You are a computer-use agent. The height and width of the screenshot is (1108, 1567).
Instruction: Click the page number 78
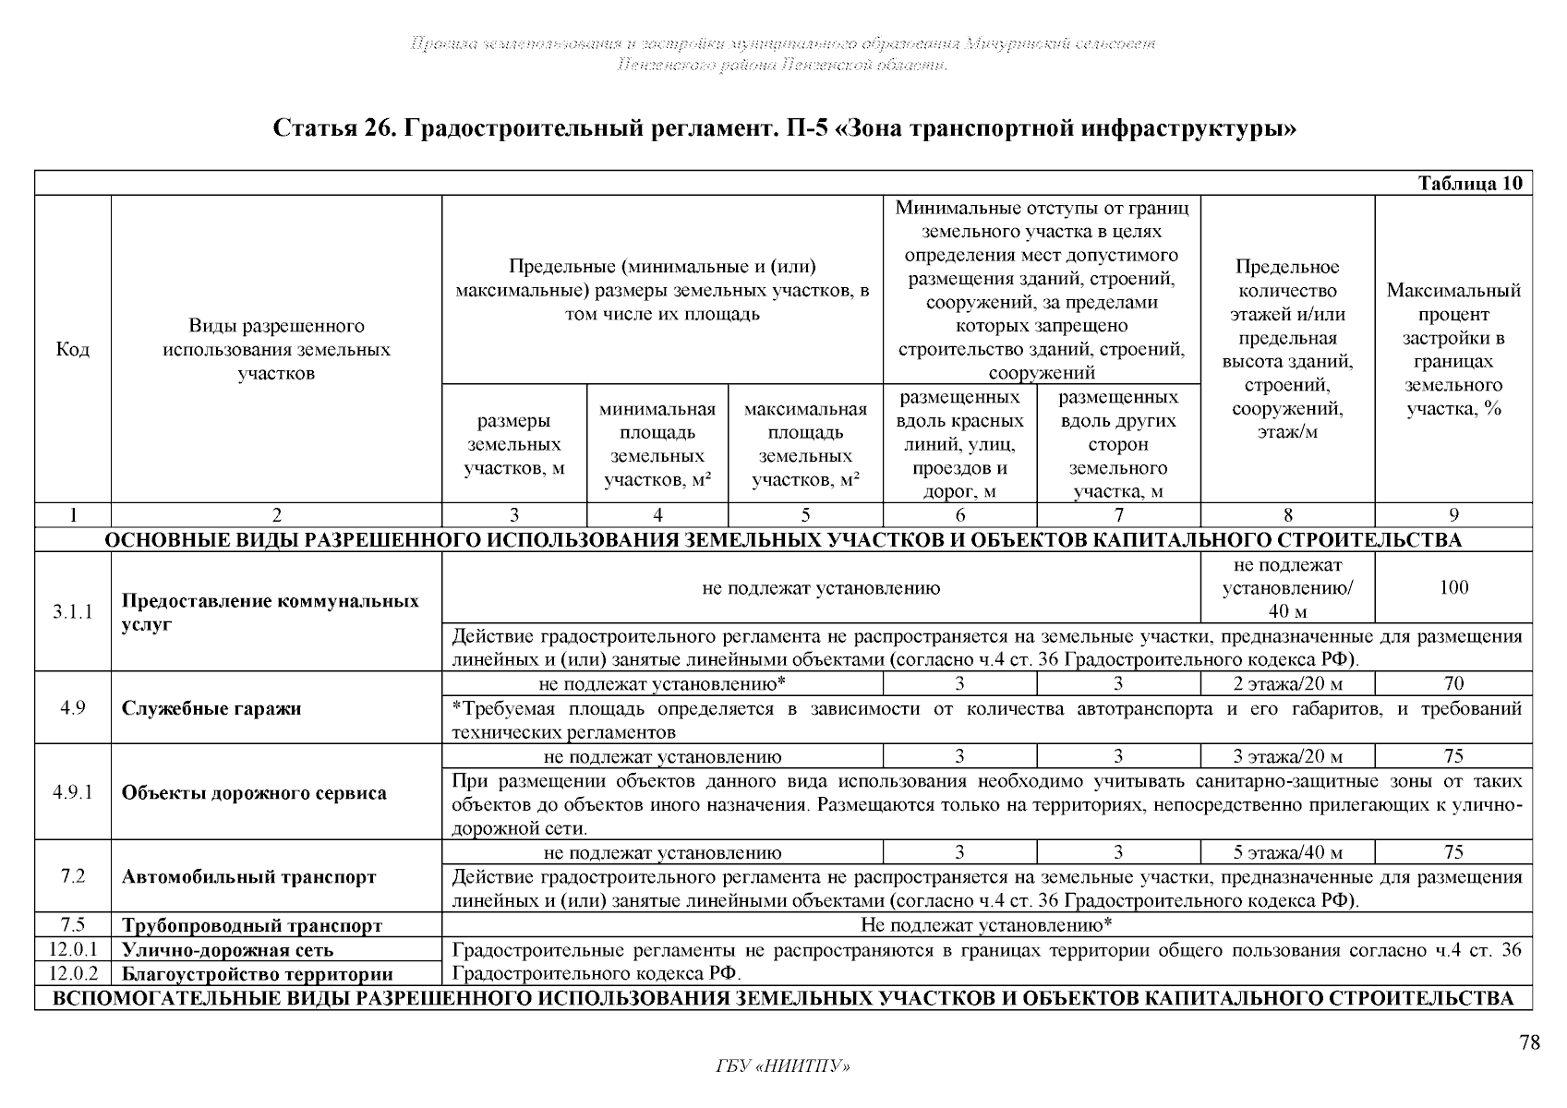[1529, 1042]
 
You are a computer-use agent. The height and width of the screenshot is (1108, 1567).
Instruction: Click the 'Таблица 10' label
[1469, 183]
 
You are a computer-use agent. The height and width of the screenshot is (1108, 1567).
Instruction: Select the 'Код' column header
[73, 350]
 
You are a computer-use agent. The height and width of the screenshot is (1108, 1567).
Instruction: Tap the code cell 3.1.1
[73, 612]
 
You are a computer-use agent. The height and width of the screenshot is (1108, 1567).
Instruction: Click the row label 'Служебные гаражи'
[211, 709]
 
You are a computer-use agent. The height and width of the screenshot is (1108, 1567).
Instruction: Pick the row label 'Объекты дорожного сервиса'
[254, 793]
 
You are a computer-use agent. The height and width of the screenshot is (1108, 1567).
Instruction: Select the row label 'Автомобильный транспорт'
[248, 877]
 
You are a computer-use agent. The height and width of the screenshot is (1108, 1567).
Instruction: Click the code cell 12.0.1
[73, 949]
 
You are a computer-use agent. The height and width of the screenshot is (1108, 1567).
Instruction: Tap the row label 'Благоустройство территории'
[257, 974]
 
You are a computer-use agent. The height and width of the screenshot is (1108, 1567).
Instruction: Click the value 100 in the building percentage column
[1453, 588]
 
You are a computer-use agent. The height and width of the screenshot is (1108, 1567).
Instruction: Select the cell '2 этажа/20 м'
[1287, 684]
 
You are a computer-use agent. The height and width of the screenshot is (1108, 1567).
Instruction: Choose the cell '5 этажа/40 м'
[1287, 853]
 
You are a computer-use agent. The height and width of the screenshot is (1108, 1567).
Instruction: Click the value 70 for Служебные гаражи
[1453, 684]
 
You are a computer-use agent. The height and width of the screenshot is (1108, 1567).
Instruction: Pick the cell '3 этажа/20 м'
[1287, 757]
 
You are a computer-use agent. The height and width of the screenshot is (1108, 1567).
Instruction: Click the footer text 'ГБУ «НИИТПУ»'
[783, 1067]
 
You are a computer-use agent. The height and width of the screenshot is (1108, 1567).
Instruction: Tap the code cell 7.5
[73, 925]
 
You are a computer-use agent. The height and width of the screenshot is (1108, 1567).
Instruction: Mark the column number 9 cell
[1453, 516]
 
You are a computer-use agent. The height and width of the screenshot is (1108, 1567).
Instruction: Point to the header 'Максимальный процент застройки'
[1453, 350]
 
